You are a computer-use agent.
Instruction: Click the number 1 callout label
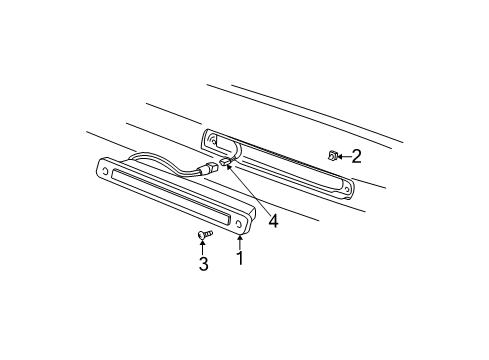(239, 258)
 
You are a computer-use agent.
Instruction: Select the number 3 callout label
(203, 264)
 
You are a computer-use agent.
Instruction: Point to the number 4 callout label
(273, 222)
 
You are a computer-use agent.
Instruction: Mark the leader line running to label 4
(250, 195)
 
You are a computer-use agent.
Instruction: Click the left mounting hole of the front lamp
(104, 172)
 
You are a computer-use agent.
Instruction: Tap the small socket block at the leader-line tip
(226, 160)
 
